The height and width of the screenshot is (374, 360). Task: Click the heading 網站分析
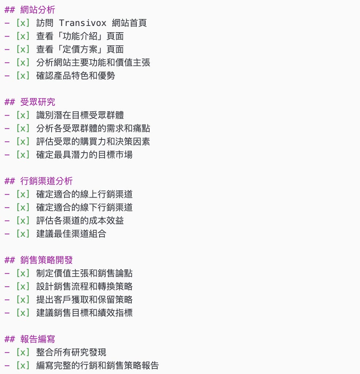coord(38,10)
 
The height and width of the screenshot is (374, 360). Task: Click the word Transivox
coord(82,23)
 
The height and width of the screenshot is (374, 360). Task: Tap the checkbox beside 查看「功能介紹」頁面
coord(23,36)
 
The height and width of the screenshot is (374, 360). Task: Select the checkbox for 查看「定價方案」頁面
coord(23,49)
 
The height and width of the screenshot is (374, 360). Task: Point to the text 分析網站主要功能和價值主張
coord(93,63)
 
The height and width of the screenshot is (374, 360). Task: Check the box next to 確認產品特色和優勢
coord(23,76)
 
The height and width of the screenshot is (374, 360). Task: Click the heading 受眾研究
coord(38,102)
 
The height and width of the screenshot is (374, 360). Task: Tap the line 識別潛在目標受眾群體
coord(80,115)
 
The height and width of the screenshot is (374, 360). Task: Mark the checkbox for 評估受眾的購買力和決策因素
coord(23,142)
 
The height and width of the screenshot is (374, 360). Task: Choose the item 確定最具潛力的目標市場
coord(85,155)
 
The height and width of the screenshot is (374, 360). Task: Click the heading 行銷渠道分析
coord(46,181)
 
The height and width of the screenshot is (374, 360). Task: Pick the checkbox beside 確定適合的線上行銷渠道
coord(23,194)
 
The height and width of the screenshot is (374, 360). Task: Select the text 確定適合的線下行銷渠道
coord(85,207)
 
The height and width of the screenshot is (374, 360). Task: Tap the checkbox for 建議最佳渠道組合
coord(23,234)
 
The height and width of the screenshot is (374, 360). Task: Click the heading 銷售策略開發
coord(46,260)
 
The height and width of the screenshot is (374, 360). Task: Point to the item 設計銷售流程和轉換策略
coord(85,287)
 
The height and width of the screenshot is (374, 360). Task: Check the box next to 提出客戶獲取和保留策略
coord(23,300)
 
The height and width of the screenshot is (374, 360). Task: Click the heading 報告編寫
coord(38,339)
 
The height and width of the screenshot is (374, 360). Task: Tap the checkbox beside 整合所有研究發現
coord(23,352)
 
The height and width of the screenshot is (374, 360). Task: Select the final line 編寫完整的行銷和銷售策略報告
coord(98,366)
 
